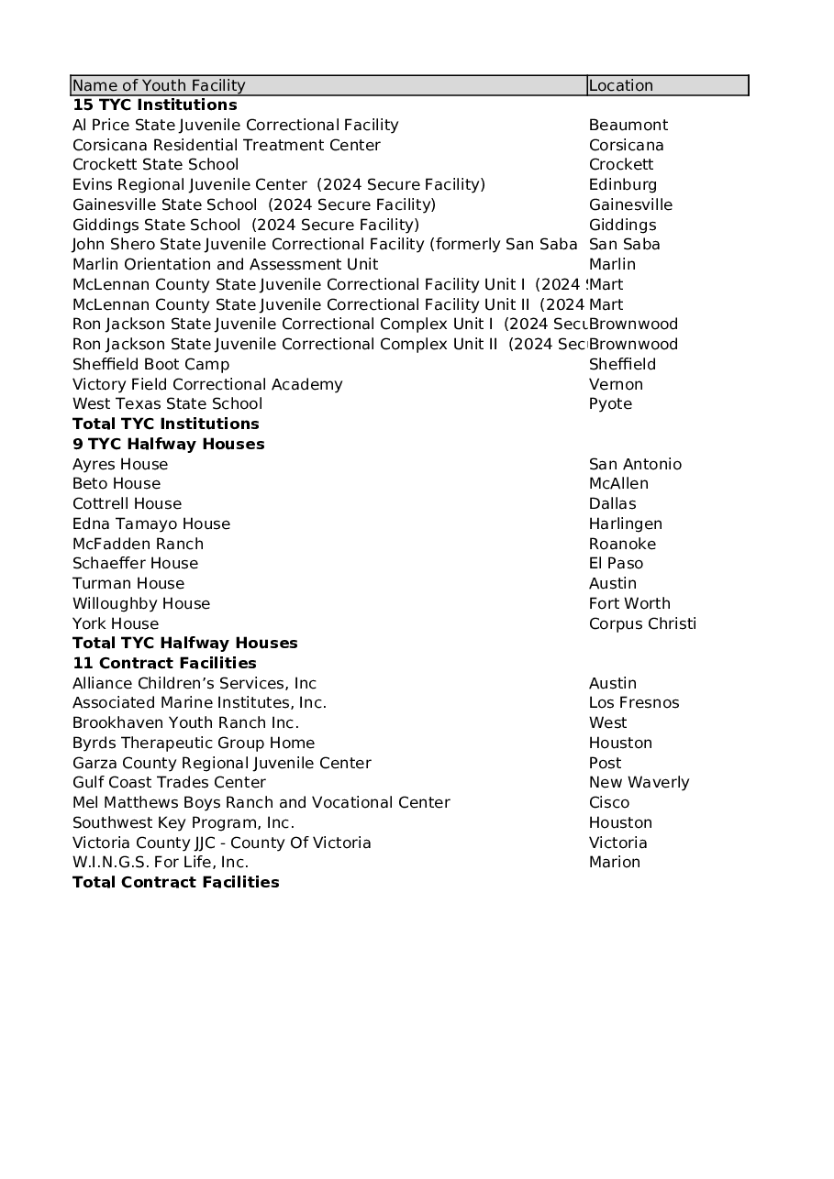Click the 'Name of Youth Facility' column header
coord(159,85)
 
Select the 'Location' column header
coord(621,85)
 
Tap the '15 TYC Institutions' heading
coord(154,105)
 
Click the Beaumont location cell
coord(628,125)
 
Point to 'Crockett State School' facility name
coord(156,165)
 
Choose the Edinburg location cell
coord(623,184)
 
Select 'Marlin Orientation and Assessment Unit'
coord(226,264)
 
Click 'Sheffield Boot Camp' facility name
coord(151,364)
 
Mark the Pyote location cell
coord(610,404)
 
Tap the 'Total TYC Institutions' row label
coord(166,424)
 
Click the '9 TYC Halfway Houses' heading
coord(169,444)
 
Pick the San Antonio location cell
coord(635,464)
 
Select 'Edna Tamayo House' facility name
coord(151,523)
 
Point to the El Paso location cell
coord(616,564)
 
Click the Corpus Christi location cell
coord(642,623)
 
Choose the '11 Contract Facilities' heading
coord(164,663)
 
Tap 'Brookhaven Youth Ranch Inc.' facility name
coord(185,723)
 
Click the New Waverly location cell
coord(639,783)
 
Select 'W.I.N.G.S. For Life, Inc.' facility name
coord(161,863)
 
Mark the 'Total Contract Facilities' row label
coord(176,882)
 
